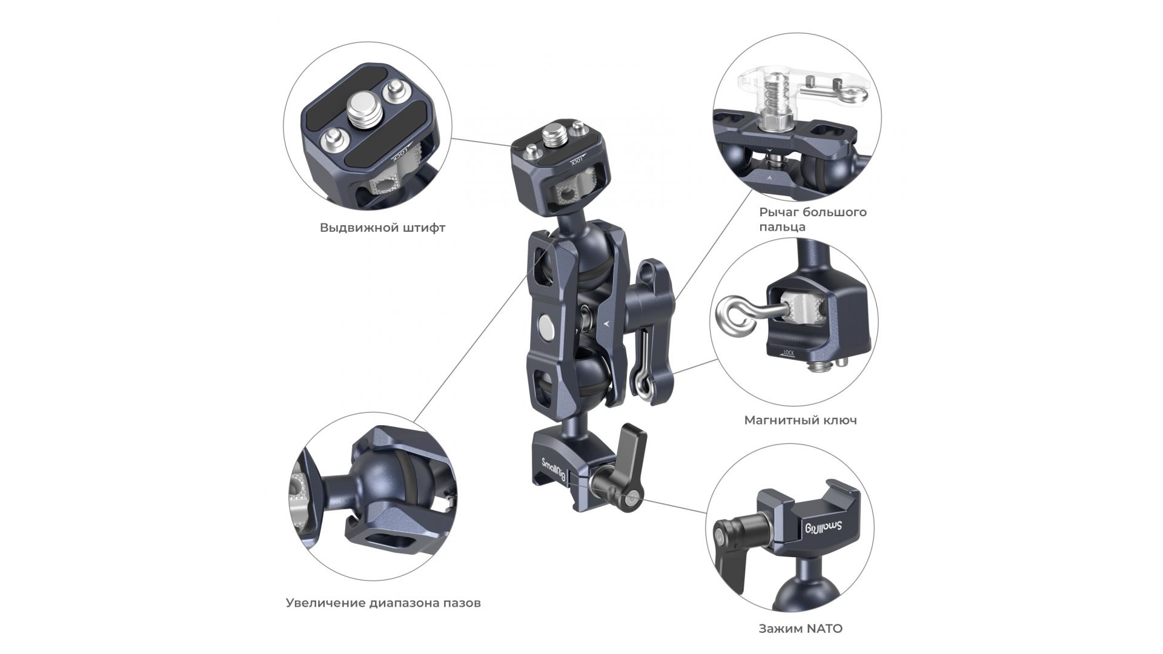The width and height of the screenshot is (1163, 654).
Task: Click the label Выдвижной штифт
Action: (x=382, y=228)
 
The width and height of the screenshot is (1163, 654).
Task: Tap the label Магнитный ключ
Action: (x=800, y=420)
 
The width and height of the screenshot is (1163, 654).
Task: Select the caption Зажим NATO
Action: (x=800, y=629)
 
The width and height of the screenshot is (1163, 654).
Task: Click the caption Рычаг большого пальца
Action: (x=812, y=219)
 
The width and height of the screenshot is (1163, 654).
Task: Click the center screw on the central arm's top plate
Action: (x=554, y=133)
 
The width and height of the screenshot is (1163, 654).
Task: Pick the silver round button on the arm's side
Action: (x=545, y=328)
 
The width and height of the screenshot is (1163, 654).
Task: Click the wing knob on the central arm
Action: (x=648, y=291)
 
